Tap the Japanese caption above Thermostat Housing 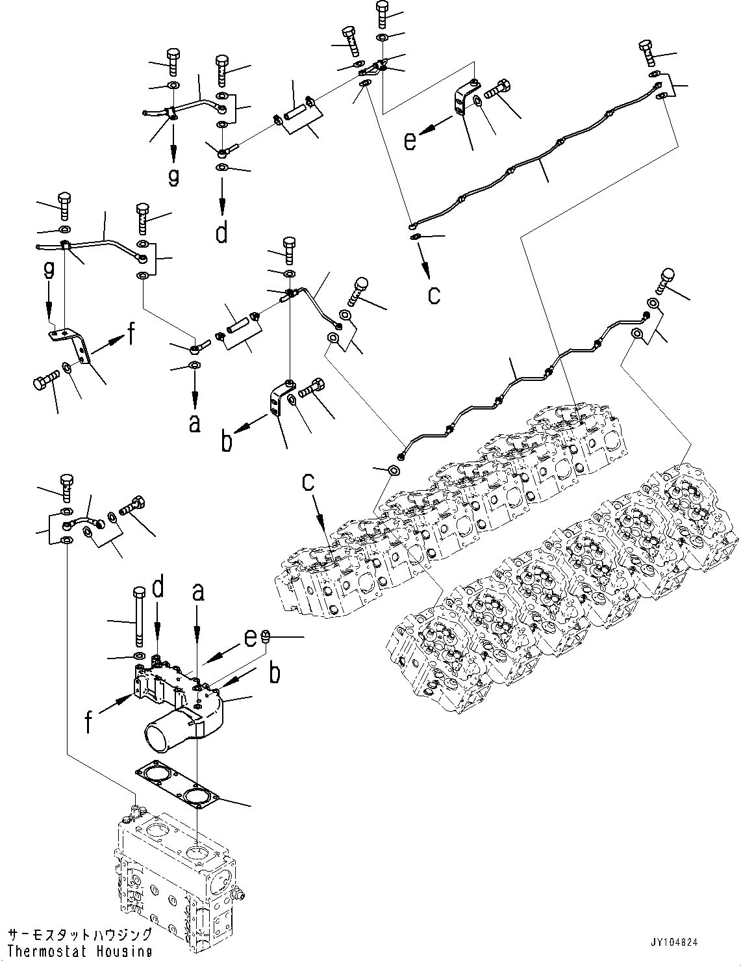80,935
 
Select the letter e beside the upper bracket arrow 409,140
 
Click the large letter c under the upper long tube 434,294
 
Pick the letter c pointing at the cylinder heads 309,482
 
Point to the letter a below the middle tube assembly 194,423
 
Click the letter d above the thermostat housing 157,590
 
